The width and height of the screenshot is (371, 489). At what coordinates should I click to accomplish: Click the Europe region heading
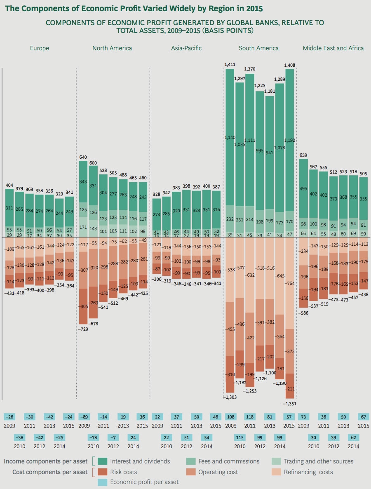[x=40, y=48]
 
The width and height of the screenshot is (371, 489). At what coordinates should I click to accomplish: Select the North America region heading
[x=112, y=48]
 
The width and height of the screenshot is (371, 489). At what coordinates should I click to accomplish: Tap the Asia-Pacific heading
[x=186, y=48]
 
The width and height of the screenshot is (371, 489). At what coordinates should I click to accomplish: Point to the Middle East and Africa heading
[x=333, y=48]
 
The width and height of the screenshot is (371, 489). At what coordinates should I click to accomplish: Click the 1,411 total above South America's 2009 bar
[x=230, y=65]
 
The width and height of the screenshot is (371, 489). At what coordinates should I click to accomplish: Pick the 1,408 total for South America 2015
[x=290, y=65]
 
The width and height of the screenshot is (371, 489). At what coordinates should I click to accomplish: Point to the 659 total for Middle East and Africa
[x=303, y=155]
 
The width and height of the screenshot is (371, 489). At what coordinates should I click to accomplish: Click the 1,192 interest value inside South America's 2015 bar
[x=290, y=140]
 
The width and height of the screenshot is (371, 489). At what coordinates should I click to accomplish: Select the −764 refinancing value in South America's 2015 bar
[x=290, y=284]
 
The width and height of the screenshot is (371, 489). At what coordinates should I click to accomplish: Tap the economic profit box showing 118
[x=250, y=417]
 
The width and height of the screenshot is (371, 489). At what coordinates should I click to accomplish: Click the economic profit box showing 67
[x=363, y=417]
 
